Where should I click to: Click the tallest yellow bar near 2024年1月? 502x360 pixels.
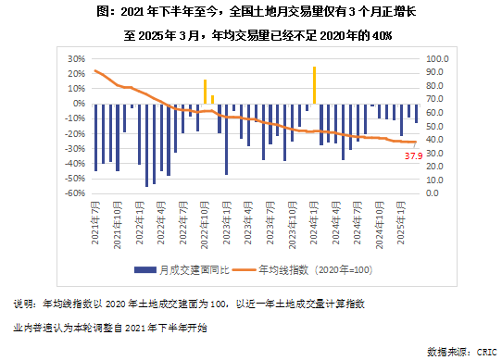click(315, 85)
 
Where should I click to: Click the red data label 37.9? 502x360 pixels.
click(414, 155)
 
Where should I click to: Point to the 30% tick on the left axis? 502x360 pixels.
click(65, 57)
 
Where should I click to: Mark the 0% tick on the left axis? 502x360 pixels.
click(68, 103)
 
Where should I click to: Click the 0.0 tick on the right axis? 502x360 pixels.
click(433, 194)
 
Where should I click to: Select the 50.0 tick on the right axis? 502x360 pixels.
click(435, 126)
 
